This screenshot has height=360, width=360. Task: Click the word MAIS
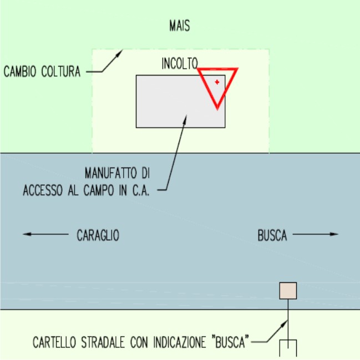coord(180,26)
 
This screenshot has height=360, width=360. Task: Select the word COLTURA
coord(62,72)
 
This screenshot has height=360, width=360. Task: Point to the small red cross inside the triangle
coord(217,82)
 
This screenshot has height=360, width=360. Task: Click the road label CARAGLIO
coord(98,235)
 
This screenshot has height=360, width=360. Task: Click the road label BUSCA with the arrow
coord(272,235)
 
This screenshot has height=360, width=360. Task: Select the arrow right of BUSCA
coord(316,235)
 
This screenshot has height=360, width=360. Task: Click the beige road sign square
coord(288,291)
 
